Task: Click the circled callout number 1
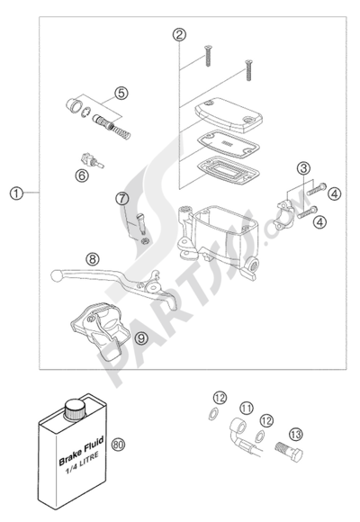click(16, 193)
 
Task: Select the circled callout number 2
click(179, 34)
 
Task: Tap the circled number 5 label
click(121, 93)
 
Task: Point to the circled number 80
click(118, 444)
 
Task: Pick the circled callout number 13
click(296, 434)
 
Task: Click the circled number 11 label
click(247, 408)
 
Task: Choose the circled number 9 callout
click(141, 338)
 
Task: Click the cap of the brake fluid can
click(75, 409)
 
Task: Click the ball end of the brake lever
click(56, 275)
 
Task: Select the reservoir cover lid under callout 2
click(229, 115)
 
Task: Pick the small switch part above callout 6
click(91, 160)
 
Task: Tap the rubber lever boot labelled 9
click(99, 330)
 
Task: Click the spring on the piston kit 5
click(122, 131)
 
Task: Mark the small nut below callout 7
click(145, 241)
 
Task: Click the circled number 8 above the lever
click(92, 258)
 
